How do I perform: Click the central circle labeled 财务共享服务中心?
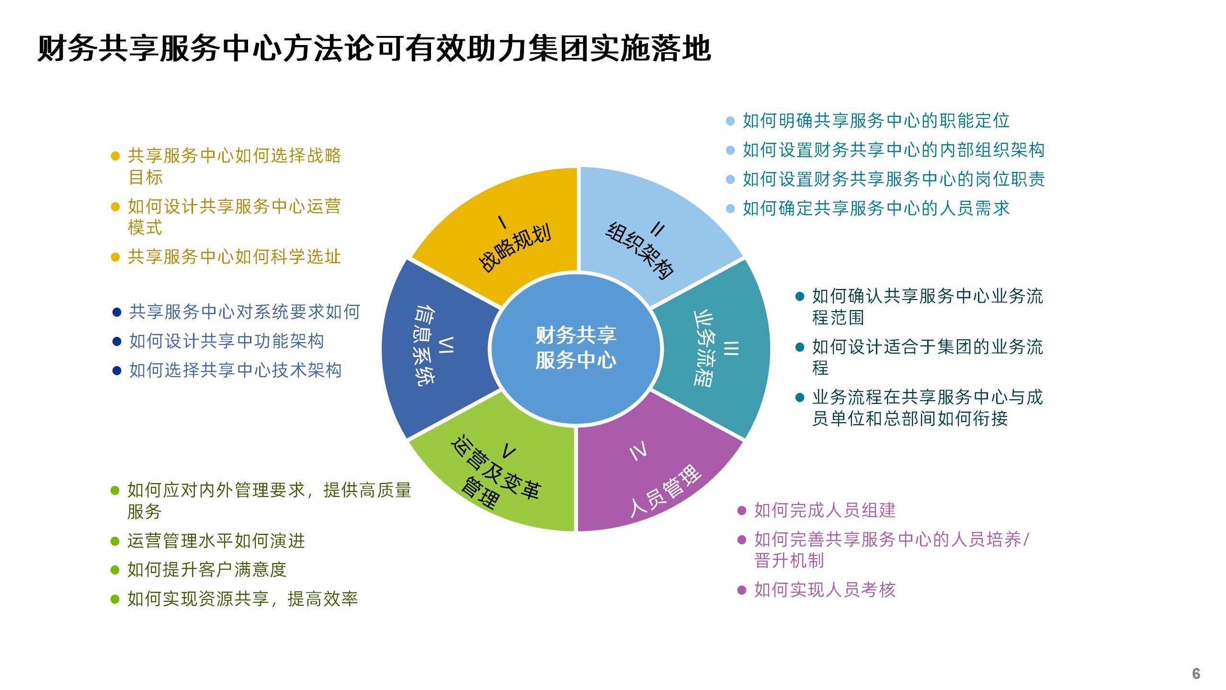click(576, 348)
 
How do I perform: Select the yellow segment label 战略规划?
click(514, 247)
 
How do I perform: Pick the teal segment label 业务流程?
click(704, 348)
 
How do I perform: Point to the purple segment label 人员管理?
click(665, 491)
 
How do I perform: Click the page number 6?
click(1196, 673)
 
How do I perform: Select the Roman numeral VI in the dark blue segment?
click(447, 345)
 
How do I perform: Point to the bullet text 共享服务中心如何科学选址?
click(234, 257)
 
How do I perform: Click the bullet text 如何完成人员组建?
click(825, 510)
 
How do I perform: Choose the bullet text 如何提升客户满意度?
click(207, 570)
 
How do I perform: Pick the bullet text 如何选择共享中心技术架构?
click(235, 370)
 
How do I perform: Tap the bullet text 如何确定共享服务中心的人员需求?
click(876, 208)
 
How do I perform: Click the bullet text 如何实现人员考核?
click(825, 590)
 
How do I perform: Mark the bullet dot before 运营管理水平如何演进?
click(115, 541)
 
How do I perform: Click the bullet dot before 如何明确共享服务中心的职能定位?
click(730, 121)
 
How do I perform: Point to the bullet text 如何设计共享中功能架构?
click(227, 341)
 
